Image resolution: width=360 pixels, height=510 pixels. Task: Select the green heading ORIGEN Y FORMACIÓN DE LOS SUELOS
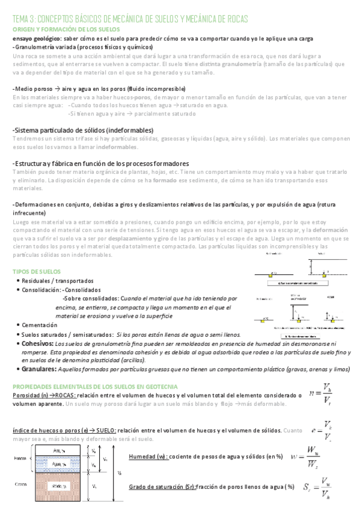[x=66, y=29]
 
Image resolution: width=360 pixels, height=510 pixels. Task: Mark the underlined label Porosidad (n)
[x=31, y=395]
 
